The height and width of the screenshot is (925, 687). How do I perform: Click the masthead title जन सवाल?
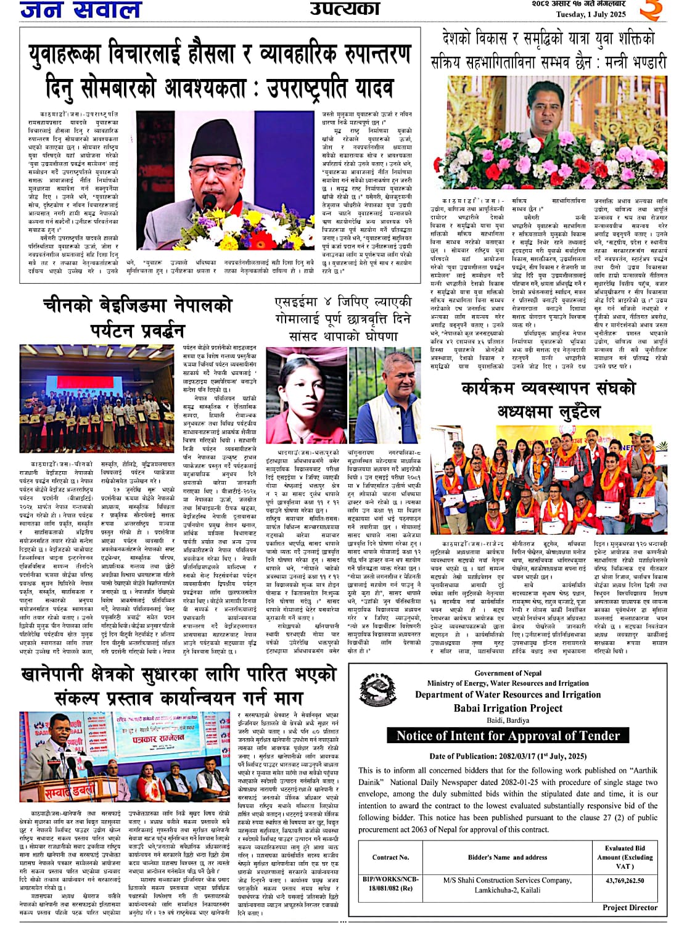coord(81,9)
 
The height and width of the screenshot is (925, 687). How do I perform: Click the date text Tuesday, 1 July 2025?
coord(590,14)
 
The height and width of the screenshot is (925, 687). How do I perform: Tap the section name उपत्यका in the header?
coord(344,8)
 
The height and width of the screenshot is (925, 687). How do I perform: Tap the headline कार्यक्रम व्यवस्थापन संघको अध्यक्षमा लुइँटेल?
coord(548,398)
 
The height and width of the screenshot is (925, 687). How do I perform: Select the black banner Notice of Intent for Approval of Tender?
coord(508,736)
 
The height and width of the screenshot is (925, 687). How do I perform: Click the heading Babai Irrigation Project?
coord(508,708)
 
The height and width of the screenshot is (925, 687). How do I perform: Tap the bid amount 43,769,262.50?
coord(624,881)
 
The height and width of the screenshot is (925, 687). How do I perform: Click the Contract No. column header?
coord(390,857)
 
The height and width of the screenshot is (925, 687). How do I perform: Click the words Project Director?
coord(630,907)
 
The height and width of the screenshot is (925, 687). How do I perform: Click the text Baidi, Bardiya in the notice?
coord(508,720)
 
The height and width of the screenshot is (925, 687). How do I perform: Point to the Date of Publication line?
coord(508,756)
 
